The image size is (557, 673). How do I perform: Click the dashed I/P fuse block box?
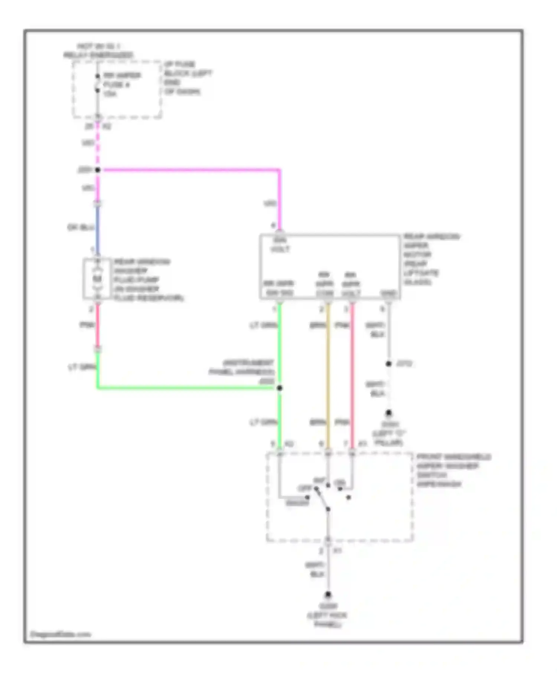point(117,90)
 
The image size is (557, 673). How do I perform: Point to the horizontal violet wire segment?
point(189,170)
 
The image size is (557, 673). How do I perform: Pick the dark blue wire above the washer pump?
point(98,228)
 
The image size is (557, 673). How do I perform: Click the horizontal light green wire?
point(186,388)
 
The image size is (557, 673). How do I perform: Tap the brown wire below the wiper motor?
point(328,371)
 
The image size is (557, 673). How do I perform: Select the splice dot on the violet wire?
point(98,170)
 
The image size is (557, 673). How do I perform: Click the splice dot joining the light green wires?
point(280,388)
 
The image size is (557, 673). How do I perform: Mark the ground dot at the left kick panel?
point(328,595)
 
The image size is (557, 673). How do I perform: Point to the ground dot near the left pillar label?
point(388,413)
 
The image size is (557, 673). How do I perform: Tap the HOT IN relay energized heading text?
point(98,51)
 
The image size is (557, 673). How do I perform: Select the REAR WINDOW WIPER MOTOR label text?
point(431,259)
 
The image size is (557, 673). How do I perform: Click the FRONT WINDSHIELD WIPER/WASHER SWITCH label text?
point(453,470)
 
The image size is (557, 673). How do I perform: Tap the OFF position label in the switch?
point(304,489)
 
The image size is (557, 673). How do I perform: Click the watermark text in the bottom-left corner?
point(61,634)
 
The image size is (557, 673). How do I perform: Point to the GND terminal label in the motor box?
point(388,293)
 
